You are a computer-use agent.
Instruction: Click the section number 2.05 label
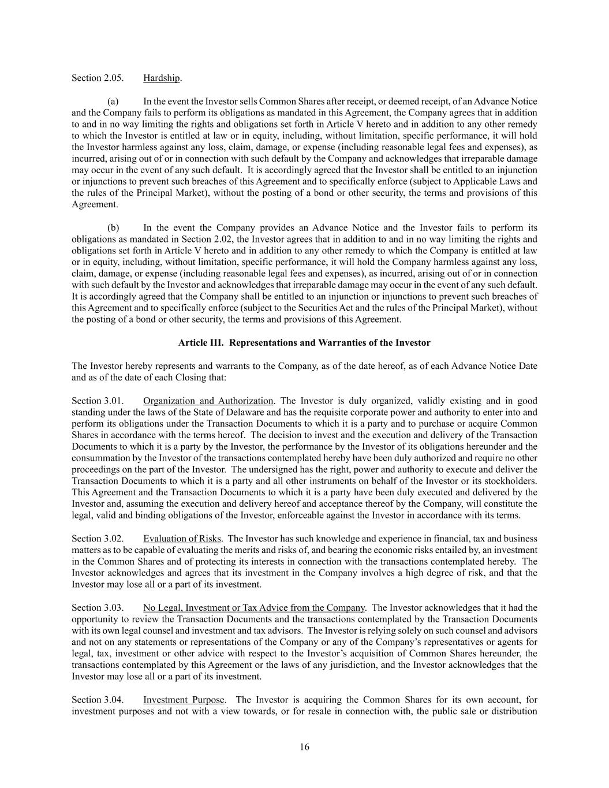[98, 78]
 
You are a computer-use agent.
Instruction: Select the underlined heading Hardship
[162, 78]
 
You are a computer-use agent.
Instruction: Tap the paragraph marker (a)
[113, 102]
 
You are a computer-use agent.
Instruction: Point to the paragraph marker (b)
[113, 227]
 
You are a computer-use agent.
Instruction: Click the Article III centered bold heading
[304, 343]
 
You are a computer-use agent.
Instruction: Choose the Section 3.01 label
[98, 401]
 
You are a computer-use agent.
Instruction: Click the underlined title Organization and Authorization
[208, 401]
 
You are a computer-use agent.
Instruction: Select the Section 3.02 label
[98, 539]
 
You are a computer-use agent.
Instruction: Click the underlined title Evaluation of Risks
[182, 539]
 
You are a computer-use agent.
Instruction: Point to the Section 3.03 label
[98, 607]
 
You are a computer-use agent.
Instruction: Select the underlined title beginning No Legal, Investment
[254, 607]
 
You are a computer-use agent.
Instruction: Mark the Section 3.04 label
[98, 700]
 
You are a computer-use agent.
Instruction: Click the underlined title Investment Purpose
[184, 700]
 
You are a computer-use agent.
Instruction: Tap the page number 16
[304, 747]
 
